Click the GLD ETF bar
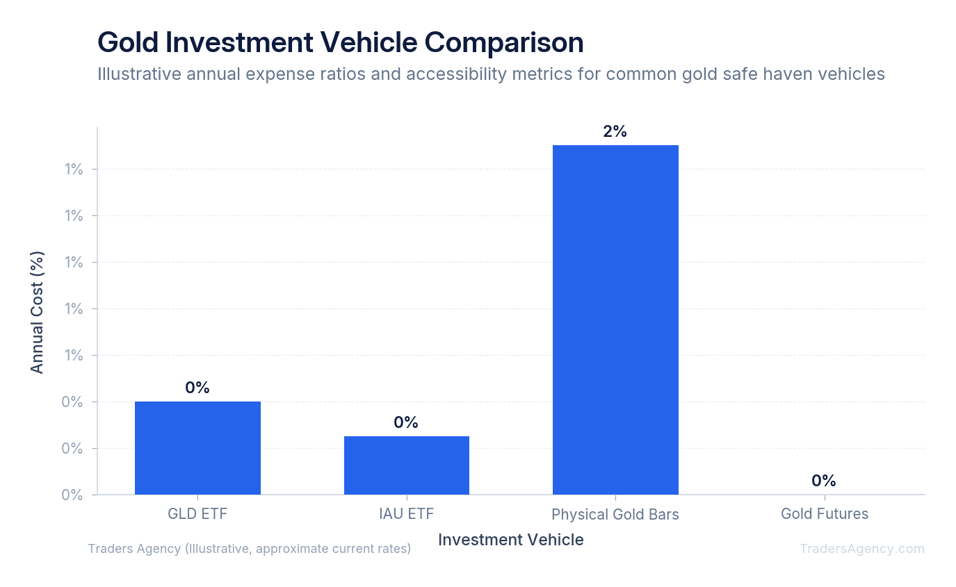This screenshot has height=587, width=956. click(197, 448)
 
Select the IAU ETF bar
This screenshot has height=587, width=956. click(407, 465)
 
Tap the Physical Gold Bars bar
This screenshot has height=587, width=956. click(615, 320)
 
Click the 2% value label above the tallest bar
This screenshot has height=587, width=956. click(615, 131)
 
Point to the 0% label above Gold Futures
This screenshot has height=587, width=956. click(824, 481)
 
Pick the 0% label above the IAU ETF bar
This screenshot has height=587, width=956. click(406, 422)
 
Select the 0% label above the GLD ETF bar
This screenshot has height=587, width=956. click(197, 388)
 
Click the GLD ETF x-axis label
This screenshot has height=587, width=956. click(197, 513)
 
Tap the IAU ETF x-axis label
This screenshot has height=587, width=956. click(406, 513)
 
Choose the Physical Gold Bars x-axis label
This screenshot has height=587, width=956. click(615, 515)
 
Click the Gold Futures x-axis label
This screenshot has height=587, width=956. click(825, 513)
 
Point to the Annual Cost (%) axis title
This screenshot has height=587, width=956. click(37, 313)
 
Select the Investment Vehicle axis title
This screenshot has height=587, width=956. click(511, 540)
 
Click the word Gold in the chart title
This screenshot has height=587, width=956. click(128, 42)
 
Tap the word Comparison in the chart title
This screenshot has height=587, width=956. click(503, 43)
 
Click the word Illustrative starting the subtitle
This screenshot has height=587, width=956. click(140, 74)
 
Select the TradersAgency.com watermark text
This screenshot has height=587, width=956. click(862, 549)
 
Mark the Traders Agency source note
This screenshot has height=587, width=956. click(249, 549)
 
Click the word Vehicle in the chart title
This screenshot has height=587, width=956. click(368, 42)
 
